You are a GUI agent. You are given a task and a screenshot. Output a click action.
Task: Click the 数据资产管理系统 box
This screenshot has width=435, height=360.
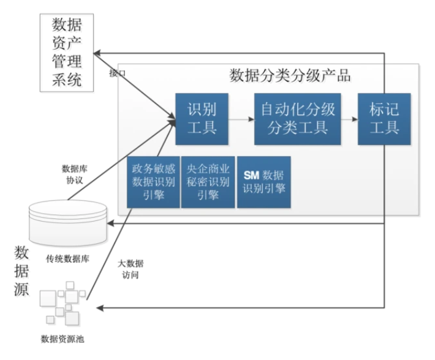click(x=67, y=53)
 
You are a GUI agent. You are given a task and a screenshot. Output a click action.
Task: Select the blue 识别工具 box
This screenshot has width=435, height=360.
click(x=202, y=119)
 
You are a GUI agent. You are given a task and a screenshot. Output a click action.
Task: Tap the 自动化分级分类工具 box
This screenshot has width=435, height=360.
click(x=298, y=119)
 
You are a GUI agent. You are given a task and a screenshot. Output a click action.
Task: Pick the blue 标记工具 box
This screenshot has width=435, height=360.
click(x=384, y=119)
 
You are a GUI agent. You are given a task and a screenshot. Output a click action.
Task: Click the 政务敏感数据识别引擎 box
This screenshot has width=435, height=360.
click(x=153, y=182)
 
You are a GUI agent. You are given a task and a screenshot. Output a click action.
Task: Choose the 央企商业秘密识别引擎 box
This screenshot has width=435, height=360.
click(x=208, y=182)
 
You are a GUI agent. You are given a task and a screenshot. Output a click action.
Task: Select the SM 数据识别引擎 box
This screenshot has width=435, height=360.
click(x=263, y=182)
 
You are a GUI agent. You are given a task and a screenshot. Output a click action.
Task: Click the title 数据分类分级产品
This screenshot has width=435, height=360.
click(x=290, y=77)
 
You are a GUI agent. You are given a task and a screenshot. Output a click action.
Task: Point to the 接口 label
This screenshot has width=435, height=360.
click(x=117, y=73)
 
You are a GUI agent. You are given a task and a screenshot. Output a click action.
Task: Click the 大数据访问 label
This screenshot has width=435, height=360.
click(x=130, y=269)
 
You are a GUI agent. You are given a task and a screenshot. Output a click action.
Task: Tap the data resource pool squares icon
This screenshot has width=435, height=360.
click(x=61, y=304)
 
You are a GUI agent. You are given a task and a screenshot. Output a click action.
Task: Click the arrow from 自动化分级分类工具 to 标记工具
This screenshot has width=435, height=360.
click(x=350, y=119)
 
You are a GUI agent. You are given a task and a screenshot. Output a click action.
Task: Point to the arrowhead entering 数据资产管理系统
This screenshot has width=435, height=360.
click(x=104, y=53)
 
